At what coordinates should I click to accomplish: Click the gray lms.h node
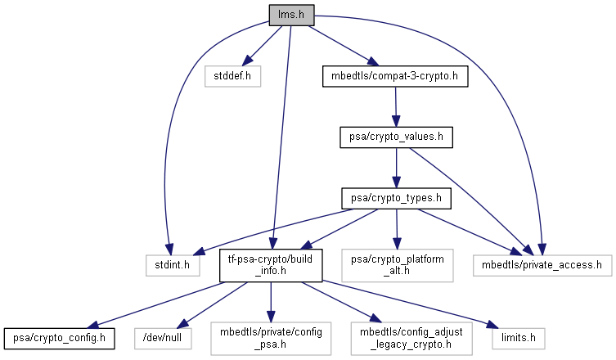click(x=291, y=15)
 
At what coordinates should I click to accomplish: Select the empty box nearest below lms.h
click(x=232, y=76)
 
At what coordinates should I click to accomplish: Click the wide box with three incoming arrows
click(x=542, y=265)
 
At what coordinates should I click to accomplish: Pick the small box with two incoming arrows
click(x=173, y=265)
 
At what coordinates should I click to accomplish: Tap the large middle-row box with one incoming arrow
click(x=397, y=265)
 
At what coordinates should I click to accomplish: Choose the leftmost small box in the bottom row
click(x=163, y=338)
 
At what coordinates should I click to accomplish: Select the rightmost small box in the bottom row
click(x=518, y=338)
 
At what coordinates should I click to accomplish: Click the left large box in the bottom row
click(x=271, y=338)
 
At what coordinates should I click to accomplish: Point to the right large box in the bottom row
click(x=411, y=338)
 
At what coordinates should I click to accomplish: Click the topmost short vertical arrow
click(x=396, y=106)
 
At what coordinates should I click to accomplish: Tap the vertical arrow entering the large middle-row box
click(x=397, y=229)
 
